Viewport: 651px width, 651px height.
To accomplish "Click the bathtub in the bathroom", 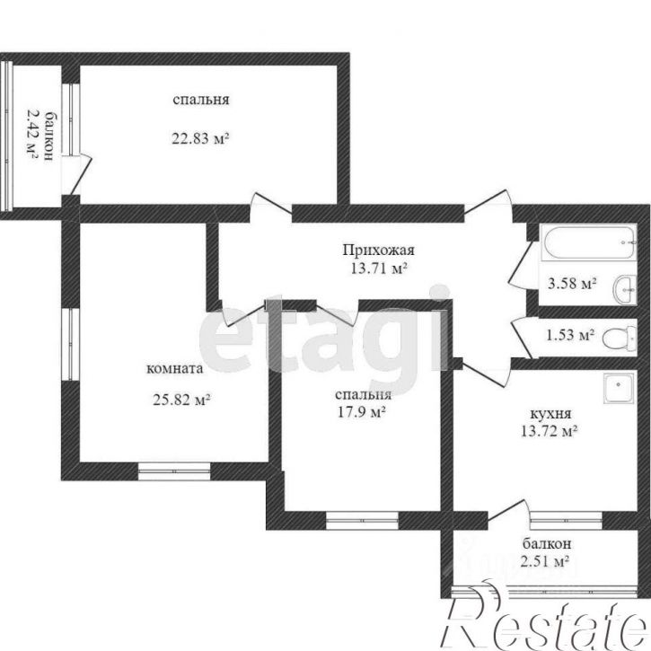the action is (589, 242).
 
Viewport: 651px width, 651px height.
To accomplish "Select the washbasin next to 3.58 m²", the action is (624, 289).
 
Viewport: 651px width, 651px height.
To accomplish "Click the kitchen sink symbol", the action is (620, 388).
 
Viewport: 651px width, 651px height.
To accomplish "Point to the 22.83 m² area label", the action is (200, 138).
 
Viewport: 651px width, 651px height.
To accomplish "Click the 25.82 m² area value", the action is (182, 400).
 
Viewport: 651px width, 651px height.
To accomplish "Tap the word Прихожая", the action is (378, 251).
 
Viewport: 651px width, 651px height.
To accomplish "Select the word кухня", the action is (551, 414).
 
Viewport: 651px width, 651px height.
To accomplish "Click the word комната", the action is (175, 369).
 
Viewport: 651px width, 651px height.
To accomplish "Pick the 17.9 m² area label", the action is (363, 412).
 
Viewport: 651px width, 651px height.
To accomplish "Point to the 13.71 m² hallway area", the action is (378, 268).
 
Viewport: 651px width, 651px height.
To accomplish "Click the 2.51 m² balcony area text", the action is (544, 562).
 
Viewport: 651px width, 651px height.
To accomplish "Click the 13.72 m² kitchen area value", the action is (550, 431).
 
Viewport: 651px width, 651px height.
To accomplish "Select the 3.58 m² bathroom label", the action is (572, 284).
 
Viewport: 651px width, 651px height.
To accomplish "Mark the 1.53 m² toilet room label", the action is (570, 335).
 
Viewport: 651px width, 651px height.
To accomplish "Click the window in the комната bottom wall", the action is (174, 471).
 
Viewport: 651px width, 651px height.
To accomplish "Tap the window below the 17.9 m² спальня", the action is (362, 520).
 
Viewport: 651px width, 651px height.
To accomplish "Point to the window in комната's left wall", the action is (71, 344).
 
